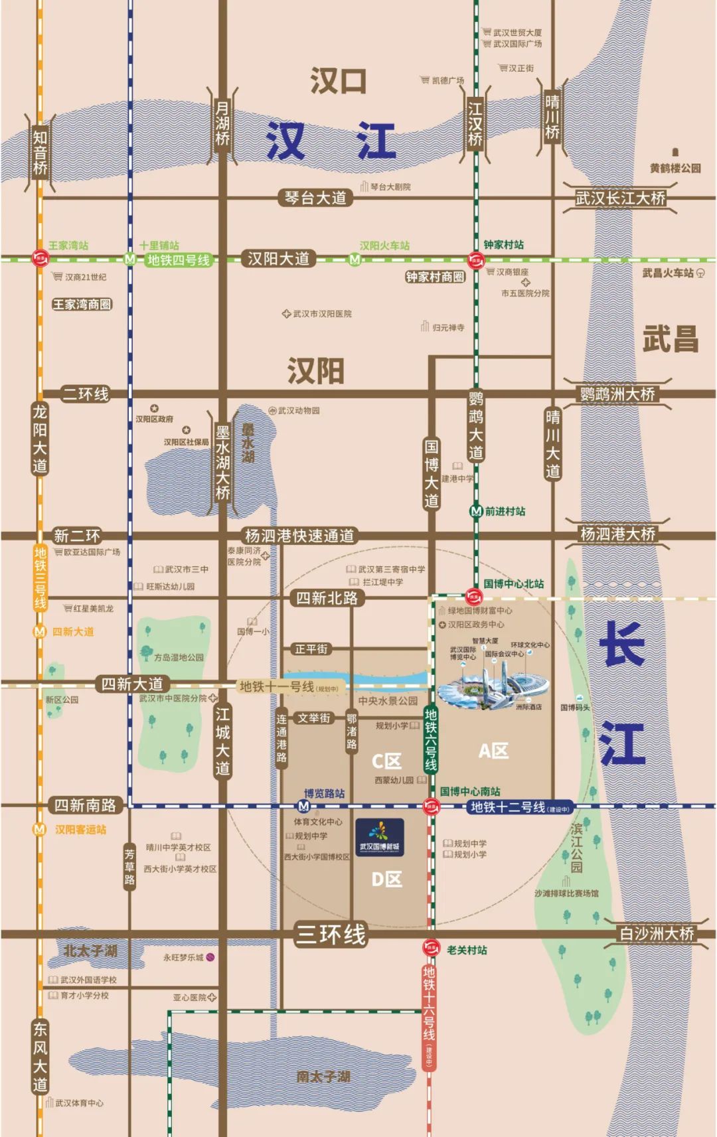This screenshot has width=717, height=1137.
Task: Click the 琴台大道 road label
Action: tap(315, 197)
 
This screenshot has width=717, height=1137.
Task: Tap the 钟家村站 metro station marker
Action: tap(475, 260)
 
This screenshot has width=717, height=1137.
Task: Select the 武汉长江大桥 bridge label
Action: tap(620, 198)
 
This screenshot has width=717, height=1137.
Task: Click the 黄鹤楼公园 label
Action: tap(675, 168)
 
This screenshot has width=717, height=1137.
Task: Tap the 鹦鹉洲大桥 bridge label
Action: tap(617, 394)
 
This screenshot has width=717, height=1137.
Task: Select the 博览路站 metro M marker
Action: tap(303, 806)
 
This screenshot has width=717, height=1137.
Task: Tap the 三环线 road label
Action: tap(331, 935)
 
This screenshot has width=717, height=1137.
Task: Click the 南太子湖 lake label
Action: tap(323, 1077)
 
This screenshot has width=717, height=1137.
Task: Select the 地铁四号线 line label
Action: tap(179, 260)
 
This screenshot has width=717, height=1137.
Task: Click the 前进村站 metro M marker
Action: tap(475, 511)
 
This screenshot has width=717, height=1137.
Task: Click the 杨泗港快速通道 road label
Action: tap(299, 536)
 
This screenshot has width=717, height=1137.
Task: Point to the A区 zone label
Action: tap(493, 751)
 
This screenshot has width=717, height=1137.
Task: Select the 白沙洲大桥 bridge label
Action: tap(657, 933)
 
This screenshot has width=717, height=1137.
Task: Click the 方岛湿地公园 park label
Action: tap(179, 657)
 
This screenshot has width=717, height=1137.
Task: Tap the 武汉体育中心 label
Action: tap(79, 1102)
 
